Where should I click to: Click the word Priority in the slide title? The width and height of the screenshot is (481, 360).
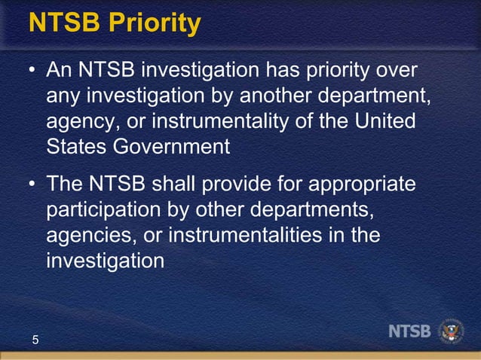point(154,24)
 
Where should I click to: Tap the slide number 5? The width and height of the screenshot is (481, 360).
point(35,341)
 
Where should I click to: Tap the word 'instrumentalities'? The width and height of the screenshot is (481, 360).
point(246,234)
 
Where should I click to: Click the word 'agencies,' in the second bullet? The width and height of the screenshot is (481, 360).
point(90,235)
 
